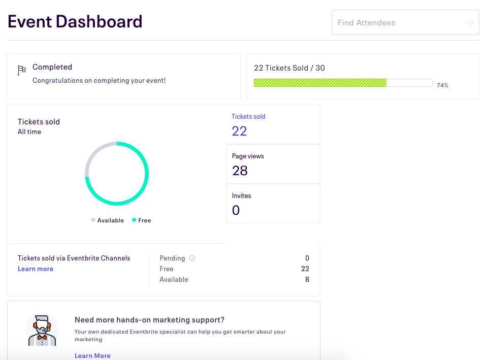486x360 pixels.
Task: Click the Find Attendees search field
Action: [396, 23]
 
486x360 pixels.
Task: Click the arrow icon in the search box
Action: [468, 23]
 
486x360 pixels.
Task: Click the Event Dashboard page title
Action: [75, 22]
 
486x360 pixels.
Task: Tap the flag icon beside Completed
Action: [21, 70]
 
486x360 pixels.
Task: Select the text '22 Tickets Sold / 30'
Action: [289, 68]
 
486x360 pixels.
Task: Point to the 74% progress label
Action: [442, 85]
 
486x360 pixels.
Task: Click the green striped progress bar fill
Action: [320, 83]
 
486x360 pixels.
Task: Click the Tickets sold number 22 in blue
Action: [239, 131]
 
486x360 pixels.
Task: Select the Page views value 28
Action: [240, 171]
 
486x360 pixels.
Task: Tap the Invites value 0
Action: [236, 210]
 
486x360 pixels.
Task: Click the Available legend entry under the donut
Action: [108, 220]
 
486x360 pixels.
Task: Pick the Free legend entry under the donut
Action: [142, 220]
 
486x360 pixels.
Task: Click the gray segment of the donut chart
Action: [93, 154]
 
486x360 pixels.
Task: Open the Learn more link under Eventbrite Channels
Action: [36, 269]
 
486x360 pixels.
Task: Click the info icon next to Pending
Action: [192, 258]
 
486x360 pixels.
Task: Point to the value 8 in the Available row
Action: [307, 279]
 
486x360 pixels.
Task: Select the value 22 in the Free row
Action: [305, 269]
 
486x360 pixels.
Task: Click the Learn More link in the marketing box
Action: [92, 355]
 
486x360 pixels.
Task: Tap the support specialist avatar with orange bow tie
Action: [42, 331]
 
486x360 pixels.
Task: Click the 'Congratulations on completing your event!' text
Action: [99, 80]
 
